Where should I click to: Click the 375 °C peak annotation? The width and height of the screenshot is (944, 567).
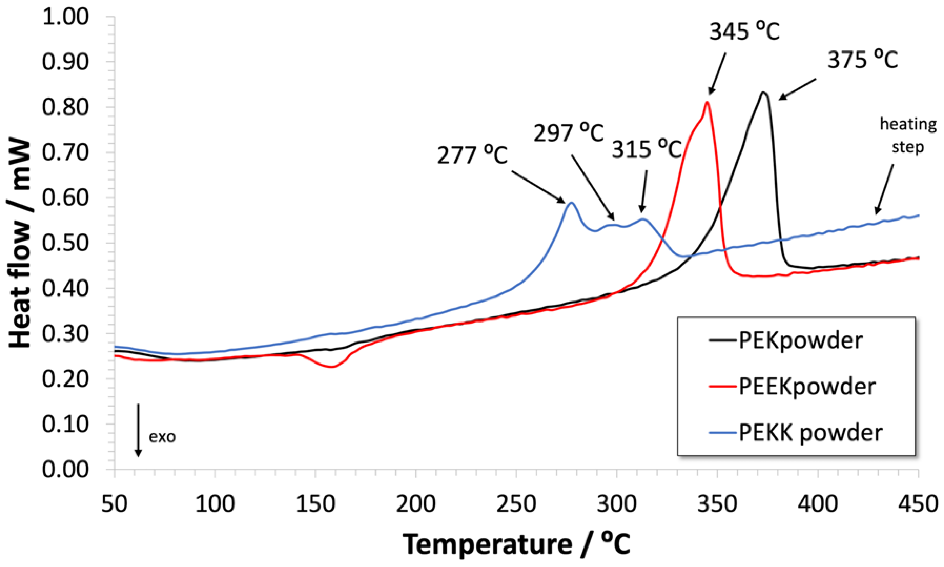(862, 60)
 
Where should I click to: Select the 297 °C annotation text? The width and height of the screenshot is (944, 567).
(568, 133)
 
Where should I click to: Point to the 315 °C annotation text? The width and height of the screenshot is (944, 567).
(647, 149)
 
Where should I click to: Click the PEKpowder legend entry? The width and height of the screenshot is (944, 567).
(800, 340)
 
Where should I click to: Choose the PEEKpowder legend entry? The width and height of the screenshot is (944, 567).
(806, 386)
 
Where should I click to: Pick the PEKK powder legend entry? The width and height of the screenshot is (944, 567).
(810, 433)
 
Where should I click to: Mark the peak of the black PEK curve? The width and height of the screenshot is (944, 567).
(763, 93)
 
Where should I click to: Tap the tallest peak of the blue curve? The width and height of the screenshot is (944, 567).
(571, 202)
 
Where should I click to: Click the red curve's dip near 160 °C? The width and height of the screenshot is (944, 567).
(332, 367)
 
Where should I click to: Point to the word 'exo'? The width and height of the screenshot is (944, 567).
(162, 436)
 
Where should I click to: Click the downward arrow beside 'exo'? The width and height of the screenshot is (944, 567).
(138, 430)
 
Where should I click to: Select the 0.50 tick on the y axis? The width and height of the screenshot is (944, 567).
(65, 243)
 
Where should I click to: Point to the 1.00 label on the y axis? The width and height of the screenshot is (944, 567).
(65, 17)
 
